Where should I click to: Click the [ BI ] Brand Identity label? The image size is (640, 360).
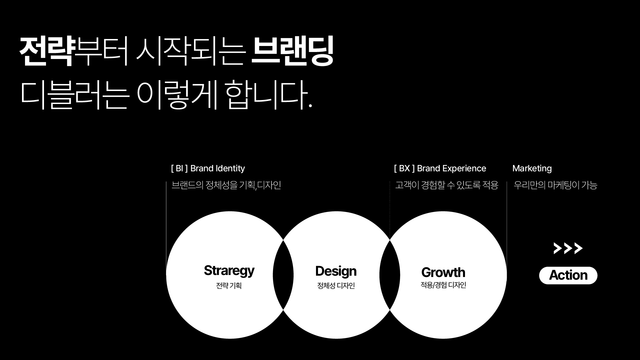pos(208,169)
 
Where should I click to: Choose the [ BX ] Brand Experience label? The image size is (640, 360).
pos(440,169)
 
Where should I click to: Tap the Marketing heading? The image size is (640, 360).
pos(532,169)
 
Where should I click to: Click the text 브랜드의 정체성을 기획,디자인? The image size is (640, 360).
pos(226,185)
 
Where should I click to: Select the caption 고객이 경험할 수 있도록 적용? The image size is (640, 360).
pos(447,185)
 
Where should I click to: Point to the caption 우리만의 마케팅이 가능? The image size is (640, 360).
pos(556,185)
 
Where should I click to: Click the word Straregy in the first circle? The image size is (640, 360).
pos(229,271)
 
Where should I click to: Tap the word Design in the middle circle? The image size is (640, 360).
pos(336,272)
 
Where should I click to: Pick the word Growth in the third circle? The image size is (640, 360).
pos(443,273)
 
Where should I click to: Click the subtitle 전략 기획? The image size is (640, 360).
pos(229,286)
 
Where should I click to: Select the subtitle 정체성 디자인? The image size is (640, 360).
pos(336,286)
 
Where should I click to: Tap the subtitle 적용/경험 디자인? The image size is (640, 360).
pos(443,285)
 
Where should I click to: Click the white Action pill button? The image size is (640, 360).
pos(568,275)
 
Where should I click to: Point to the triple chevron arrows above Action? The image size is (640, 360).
pos(568,248)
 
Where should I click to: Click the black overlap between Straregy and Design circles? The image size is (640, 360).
pos(283,275)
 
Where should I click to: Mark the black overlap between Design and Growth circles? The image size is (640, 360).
pos(390,275)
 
